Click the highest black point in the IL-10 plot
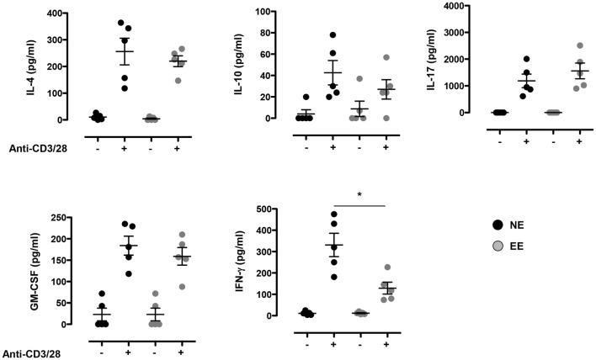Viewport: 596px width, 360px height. (x=333, y=35)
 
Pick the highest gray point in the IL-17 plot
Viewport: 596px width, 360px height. (x=580, y=45)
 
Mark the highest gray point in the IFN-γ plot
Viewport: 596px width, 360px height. (x=387, y=267)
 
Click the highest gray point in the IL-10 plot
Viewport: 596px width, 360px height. (x=387, y=57)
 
